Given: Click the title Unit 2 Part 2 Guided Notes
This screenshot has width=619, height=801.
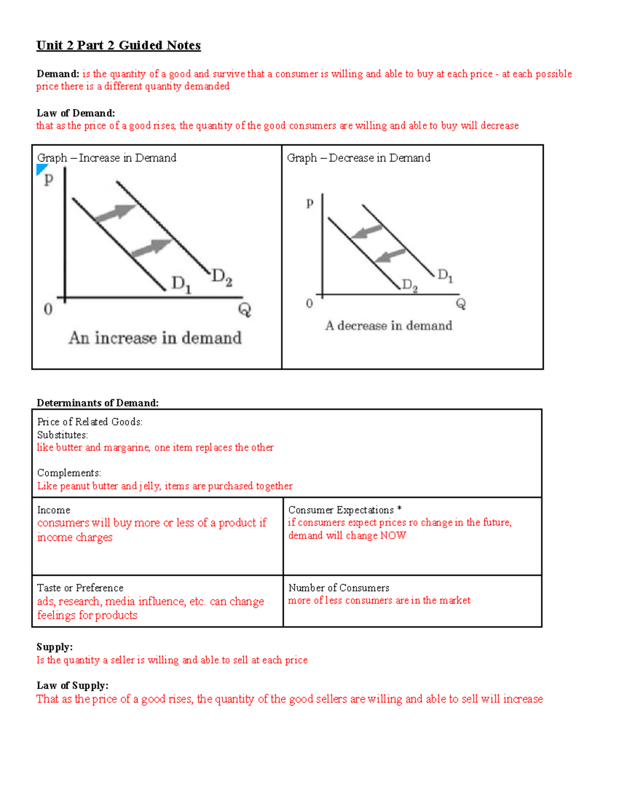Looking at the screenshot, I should [x=118, y=45].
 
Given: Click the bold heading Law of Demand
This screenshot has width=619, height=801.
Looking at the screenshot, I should [x=75, y=113].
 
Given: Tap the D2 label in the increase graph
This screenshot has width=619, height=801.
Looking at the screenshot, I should [x=222, y=277].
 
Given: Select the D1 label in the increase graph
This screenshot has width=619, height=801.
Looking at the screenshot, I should [x=181, y=284].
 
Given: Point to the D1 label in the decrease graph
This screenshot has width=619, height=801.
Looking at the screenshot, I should [x=445, y=275].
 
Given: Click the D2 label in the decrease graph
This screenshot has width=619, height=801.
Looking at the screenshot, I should [x=410, y=285].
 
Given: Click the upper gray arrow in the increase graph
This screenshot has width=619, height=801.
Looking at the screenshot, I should [x=116, y=212].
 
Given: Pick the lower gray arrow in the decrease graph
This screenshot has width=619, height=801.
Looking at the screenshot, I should [x=390, y=255].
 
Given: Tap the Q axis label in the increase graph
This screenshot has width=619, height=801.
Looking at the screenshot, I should [x=244, y=310].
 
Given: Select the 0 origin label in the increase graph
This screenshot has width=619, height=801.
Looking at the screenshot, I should [x=48, y=309].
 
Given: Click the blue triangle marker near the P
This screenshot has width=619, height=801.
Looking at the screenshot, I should [x=41, y=169].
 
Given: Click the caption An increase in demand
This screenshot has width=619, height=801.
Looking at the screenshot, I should [x=155, y=338].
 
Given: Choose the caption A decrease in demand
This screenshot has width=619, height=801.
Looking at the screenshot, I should [x=388, y=325].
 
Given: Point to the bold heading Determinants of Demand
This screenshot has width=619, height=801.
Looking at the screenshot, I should [x=97, y=403].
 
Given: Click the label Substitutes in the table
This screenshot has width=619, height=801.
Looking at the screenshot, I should [x=62, y=435].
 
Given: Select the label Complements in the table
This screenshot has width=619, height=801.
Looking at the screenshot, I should [x=69, y=473].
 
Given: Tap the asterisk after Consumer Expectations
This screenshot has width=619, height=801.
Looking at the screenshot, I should [x=399, y=509].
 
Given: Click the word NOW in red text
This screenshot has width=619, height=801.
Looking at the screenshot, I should [x=393, y=535].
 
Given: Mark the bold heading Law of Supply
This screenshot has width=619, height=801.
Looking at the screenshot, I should [x=72, y=685].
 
